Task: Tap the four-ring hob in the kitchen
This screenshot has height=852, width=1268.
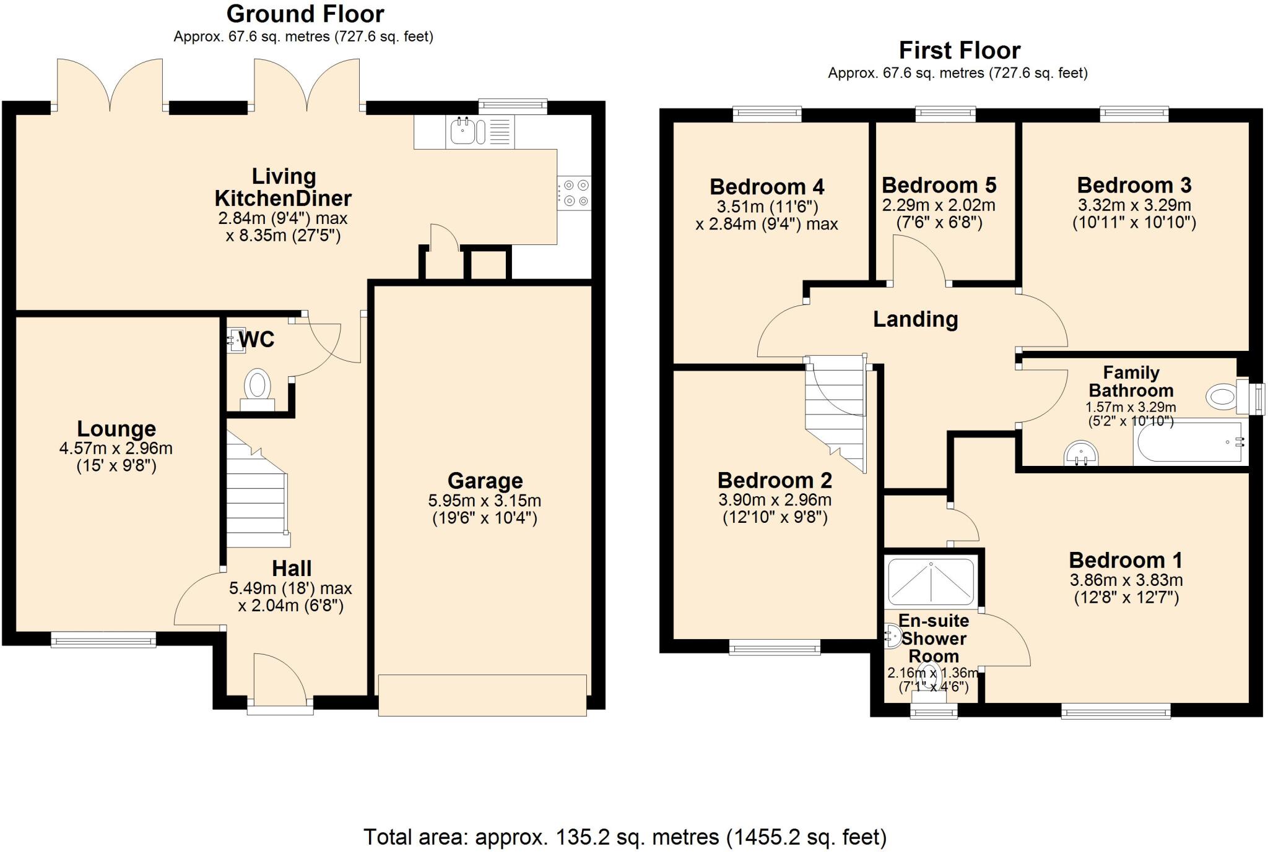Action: coord(575,193)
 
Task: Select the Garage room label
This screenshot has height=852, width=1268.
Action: coord(485,481)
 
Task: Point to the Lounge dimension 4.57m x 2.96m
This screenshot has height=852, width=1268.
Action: coord(116,448)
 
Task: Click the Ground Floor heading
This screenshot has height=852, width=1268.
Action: coord(305,14)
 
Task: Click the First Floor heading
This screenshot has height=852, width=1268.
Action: coord(959,50)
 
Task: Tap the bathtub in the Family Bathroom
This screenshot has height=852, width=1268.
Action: coord(1189,442)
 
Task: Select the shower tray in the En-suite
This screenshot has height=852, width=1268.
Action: coord(931,582)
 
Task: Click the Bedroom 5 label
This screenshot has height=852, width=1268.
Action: coord(939,185)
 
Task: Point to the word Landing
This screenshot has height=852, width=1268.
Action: coord(915,319)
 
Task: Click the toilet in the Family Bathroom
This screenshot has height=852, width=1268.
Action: coord(1223,396)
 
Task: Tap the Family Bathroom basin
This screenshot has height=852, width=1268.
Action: coord(1081,454)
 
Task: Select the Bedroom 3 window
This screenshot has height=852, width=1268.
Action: coord(1134,114)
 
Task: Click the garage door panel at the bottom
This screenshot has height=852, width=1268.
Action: coord(482,695)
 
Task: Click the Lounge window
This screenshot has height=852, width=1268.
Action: coord(103,640)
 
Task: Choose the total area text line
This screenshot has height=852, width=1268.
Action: coord(624,837)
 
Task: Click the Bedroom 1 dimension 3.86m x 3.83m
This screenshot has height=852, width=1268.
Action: coord(1126,580)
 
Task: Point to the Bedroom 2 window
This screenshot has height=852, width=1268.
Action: coord(775,648)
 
